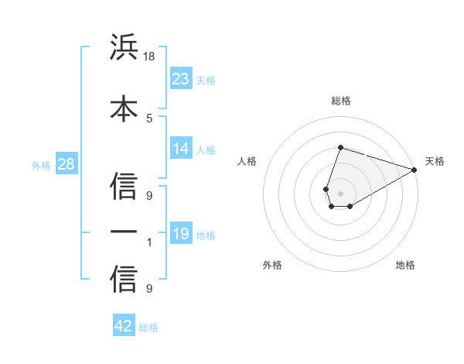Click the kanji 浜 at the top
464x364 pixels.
pyautogui.click(x=124, y=49)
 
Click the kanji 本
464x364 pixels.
pyautogui.click(x=124, y=108)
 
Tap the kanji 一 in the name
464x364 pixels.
pyautogui.click(x=124, y=232)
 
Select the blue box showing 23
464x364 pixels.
pyautogui.click(x=181, y=78)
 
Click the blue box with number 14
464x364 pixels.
pyautogui.click(x=181, y=149)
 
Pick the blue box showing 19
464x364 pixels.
pyautogui.click(x=181, y=233)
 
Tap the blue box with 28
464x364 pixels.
pyautogui.click(x=65, y=163)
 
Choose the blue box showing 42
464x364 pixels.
pyautogui.click(x=124, y=326)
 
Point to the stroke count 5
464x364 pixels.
pyautogui.click(x=150, y=118)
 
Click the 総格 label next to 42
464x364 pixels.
pyautogui.click(x=148, y=328)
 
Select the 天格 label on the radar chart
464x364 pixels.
pyautogui.click(x=435, y=161)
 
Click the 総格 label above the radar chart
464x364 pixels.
pyautogui.click(x=340, y=101)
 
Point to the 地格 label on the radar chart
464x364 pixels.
pyautogui.click(x=405, y=265)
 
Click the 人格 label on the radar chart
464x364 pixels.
pyautogui.click(x=247, y=161)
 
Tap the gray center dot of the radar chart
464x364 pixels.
pyautogui.click(x=340, y=192)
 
